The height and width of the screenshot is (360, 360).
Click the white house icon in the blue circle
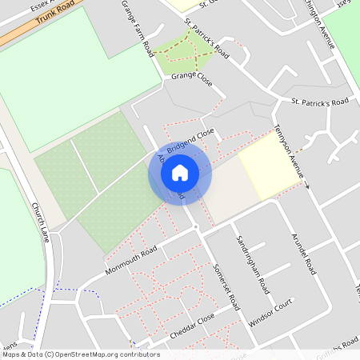tap(180, 172)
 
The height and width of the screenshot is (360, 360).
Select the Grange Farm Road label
tap(138, 29)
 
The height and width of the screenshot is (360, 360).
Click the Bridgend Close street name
tap(191, 140)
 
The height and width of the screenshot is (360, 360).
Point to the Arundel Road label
tap(305, 254)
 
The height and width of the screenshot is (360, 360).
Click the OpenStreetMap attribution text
tap(80, 354)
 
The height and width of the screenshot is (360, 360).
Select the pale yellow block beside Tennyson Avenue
tap(269, 166)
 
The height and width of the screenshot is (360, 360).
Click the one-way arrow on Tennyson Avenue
tap(306, 186)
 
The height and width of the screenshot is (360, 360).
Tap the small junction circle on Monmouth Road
tap(196, 227)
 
